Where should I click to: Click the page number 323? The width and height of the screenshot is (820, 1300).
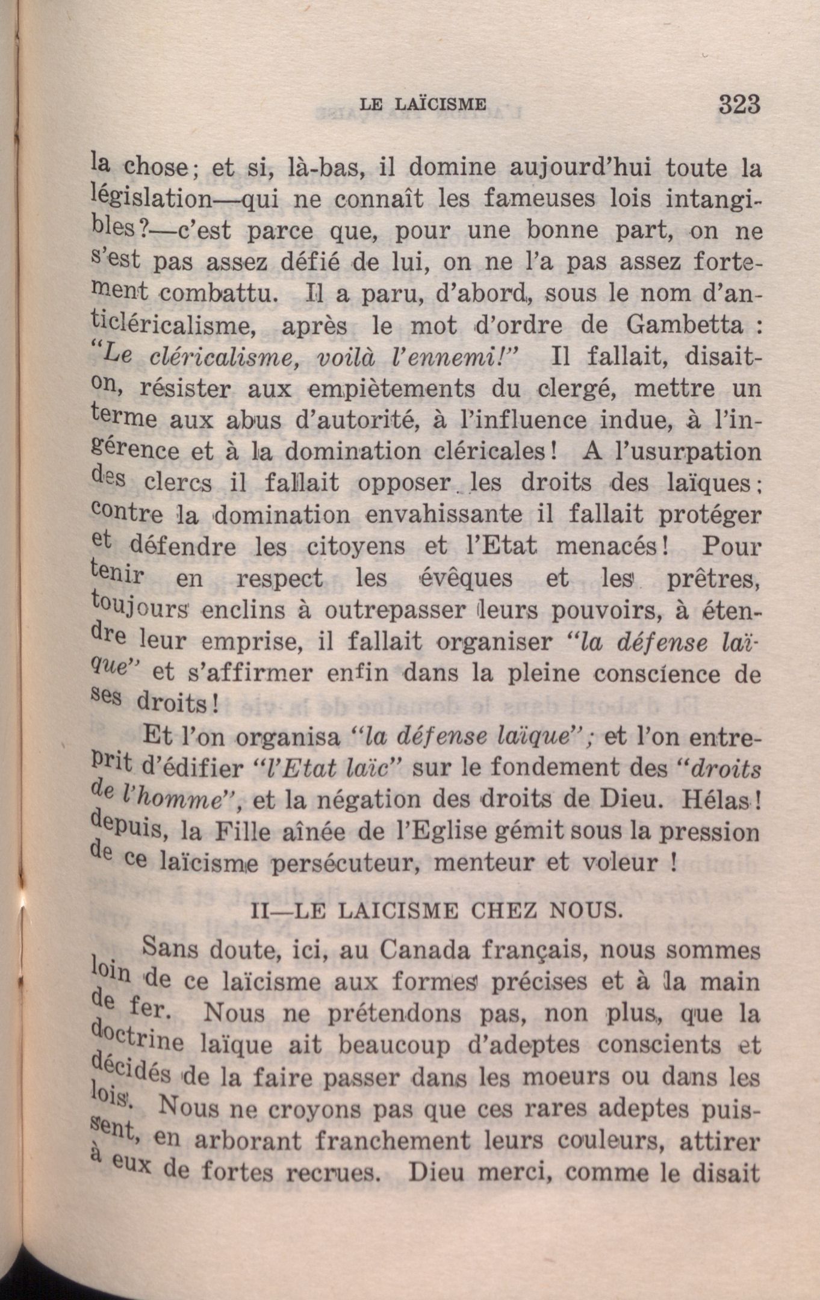click(x=739, y=105)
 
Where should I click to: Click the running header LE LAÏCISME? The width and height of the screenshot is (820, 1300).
click(x=423, y=104)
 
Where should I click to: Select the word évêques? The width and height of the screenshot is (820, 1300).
click(x=465, y=578)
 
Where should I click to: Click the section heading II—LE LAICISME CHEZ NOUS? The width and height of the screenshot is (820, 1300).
click(x=436, y=909)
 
